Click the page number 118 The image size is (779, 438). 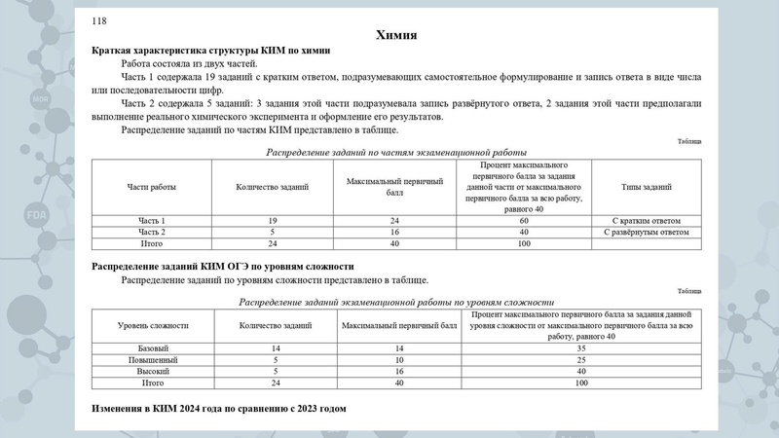click(x=99, y=20)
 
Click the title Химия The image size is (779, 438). click(x=396, y=36)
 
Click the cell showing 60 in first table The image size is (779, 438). click(x=523, y=221)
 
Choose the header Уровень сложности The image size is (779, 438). click(x=152, y=324)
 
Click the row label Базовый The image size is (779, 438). click(x=152, y=347)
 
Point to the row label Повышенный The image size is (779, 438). click(x=152, y=360)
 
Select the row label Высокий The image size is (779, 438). click(x=152, y=372)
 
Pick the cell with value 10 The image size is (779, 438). click(x=399, y=360)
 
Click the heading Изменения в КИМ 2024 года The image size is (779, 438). click(x=219, y=408)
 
